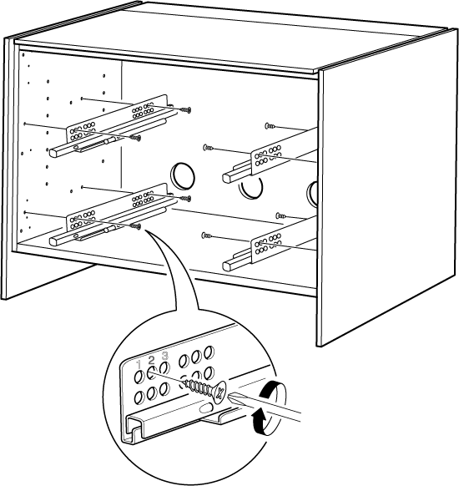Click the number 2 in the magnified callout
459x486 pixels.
tap(151, 360)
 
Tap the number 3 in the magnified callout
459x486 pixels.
tap(165, 355)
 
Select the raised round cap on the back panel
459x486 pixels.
tap(183, 175)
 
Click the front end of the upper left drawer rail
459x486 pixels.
tap(53, 152)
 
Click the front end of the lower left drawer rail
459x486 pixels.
tap(54, 241)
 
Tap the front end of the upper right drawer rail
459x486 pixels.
tap(228, 178)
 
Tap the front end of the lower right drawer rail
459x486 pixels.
tap(228, 266)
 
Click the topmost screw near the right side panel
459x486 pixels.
tap(270, 126)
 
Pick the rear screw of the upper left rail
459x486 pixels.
tap(186, 109)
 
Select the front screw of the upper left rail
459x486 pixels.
tap(136, 137)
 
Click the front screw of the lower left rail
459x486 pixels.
tap(136, 226)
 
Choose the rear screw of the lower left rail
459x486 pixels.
tap(186, 199)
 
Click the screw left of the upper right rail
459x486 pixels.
tap(208, 148)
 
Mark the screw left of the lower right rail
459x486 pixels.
tap(207, 235)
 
